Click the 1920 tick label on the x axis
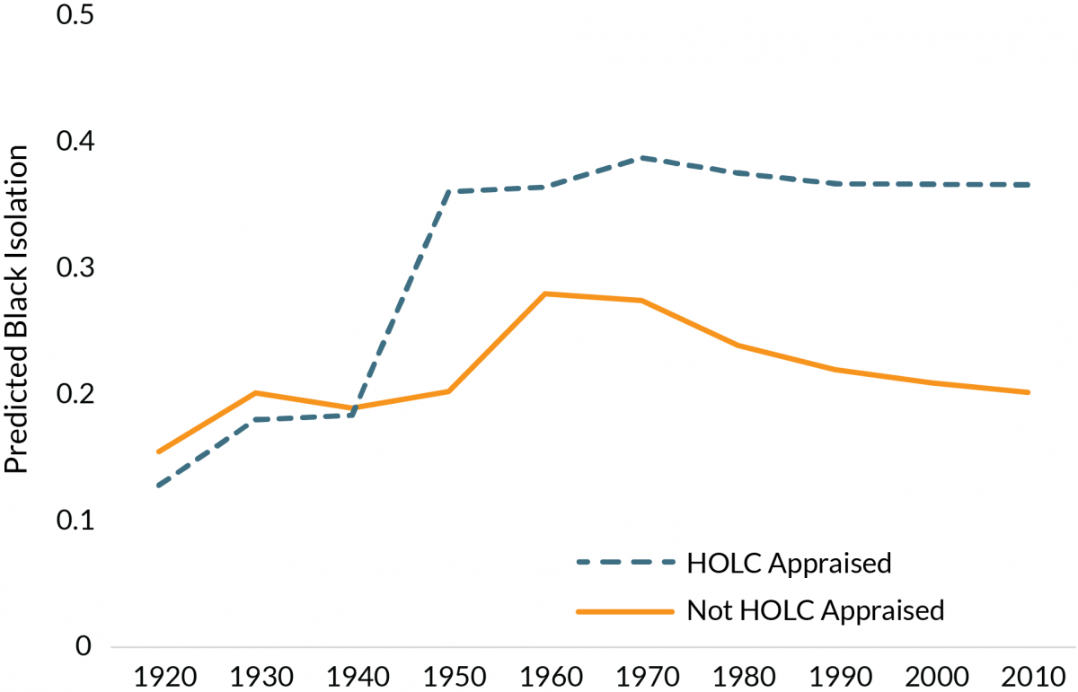pyautogui.click(x=158, y=674)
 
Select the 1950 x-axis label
pyautogui.click(x=448, y=674)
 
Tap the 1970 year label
pyautogui.click(x=641, y=674)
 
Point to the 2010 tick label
pyautogui.click(x=1029, y=674)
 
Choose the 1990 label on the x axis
pyautogui.click(x=835, y=674)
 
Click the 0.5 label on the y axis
pyautogui.click(x=75, y=17)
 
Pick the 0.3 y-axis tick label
pyautogui.click(x=75, y=268)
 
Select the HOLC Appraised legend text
pyautogui.click(x=789, y=563)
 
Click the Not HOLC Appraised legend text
pyautogui.click(x=815, y=610)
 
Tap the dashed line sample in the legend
pyautogui.click(x=625, y=563)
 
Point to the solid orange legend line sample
pyautogui.click(x=625, y=610)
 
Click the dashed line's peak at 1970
pyautogui.click(x=641, y=158)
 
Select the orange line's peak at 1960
pyautogui.click(x=545, y=293)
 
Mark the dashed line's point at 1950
pyautogui.click(x=448, y=192)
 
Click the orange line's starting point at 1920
pyautogui.click(x=158, y=451)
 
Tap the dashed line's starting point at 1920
pyautogui.click(x=158, y=486)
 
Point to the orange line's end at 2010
pyautogui.click(x=1029, y=392)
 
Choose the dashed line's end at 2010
pyautogui.click(x=1029, y=185)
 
